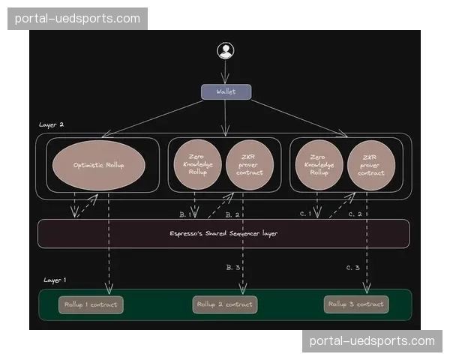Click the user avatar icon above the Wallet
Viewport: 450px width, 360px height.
pyautogui.click(x=225, y=51)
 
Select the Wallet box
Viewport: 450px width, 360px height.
pyautogui.click(x=225, y=91)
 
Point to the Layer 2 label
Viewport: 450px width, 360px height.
pyautogui.click(x=52, y=125)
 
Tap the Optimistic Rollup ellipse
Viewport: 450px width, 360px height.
pyautogui.click(x=98, y=165)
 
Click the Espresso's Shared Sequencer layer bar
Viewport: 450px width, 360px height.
pyautogui.click(x=223, y=233)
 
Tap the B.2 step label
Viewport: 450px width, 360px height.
pyautogui.click(x=232, y=215)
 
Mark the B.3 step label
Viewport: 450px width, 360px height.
pyautogui.click(x=232, y=267)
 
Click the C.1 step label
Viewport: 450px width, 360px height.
pyautogui.click(x=305, y=214)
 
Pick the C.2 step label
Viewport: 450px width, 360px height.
pyautogui.click(x=355, y=214)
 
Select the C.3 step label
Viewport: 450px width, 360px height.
pyautogui.click(x=353, y=268)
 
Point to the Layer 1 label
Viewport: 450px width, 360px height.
pyautogui.click(x=55, y=280)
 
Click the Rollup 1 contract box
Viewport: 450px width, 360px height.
pyautogui.click(x=91, y=304)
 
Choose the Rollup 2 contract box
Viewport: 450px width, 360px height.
pyautogui.click(x=225, y=304)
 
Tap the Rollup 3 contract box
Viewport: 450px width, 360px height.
pyautogui.click(x=357, y=304)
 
